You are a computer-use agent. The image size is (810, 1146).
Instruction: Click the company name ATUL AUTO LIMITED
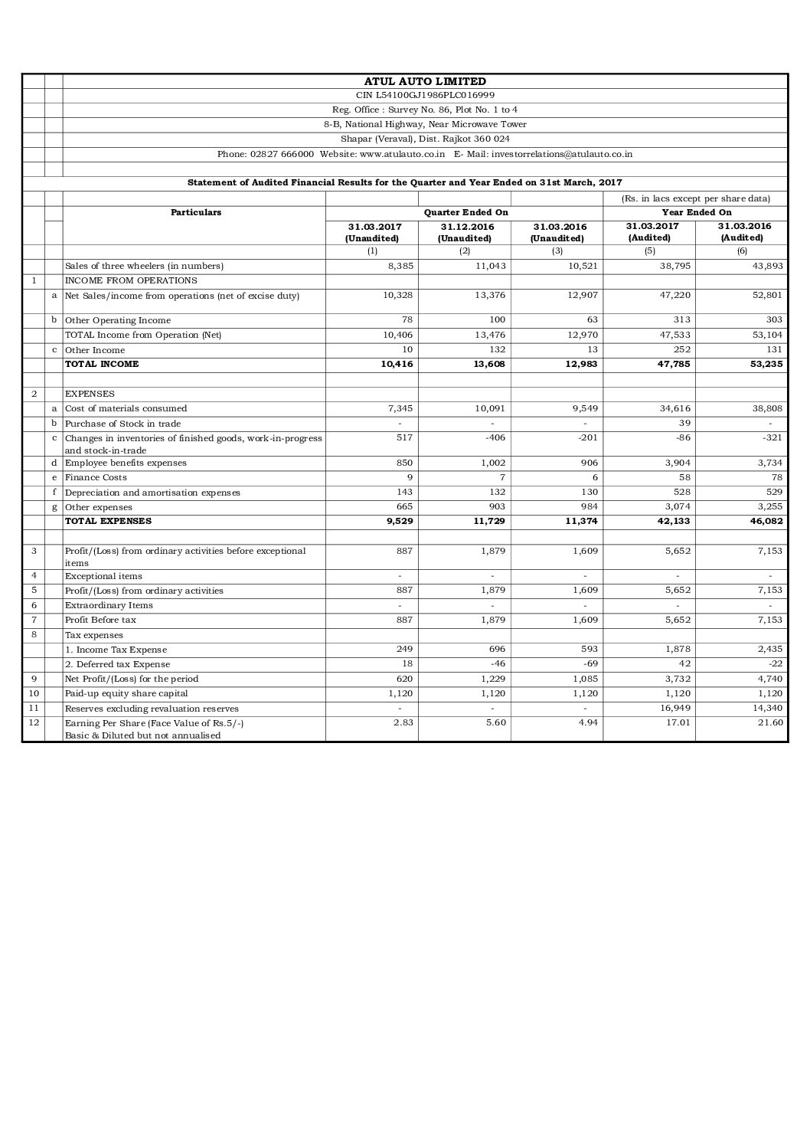coord(425,81)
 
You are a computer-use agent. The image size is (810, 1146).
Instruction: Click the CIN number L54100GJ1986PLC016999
coord(425,96)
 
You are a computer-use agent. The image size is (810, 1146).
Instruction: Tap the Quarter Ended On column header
coord(465,212)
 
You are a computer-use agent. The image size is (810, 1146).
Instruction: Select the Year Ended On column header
coord(696,212)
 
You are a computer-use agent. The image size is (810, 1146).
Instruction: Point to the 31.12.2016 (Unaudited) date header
coord(465,232)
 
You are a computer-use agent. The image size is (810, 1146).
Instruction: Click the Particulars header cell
coord(195,212)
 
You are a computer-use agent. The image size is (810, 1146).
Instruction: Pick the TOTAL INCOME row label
coord(102,365)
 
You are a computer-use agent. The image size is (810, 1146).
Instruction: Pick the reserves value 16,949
coord(674,709)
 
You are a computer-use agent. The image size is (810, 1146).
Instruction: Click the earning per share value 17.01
coord(677,723)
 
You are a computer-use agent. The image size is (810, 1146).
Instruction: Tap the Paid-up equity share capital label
coord(126,694)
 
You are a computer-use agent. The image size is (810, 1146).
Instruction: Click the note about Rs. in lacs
coord(696,198)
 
